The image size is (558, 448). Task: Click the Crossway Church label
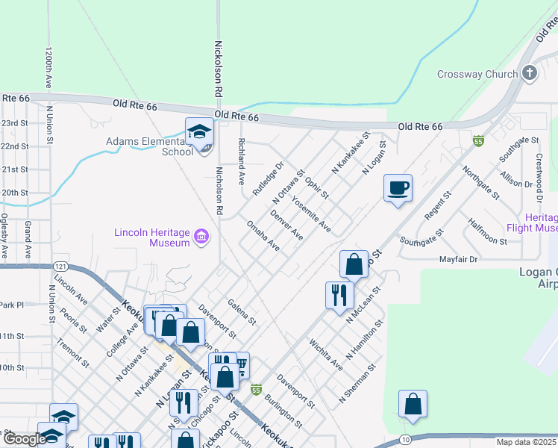point(477,74)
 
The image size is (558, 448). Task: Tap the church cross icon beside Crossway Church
point(530,73)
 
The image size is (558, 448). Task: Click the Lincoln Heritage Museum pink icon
point(201,238)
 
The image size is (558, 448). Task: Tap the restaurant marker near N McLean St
point(339,294)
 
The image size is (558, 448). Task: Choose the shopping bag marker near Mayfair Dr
point(354,264)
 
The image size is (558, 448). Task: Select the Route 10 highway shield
point(404,441)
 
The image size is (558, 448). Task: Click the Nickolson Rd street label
point(219,68)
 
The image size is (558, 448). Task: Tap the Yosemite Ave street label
point(311,214)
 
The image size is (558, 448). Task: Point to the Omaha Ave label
point(263,236)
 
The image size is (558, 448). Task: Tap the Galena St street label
point(242,311)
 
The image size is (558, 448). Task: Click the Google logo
point(24,439)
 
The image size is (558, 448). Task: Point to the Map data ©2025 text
point(526,442)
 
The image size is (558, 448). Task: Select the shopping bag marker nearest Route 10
point(412,404)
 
